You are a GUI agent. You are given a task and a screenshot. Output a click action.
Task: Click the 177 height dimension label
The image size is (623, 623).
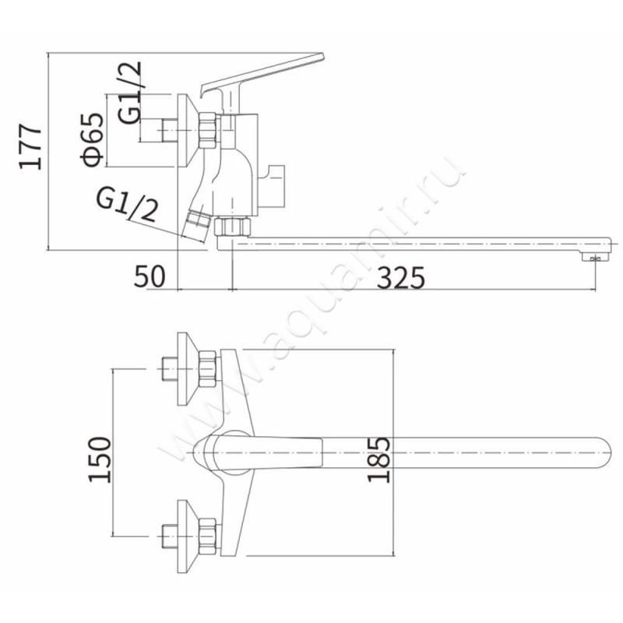pos(30,147)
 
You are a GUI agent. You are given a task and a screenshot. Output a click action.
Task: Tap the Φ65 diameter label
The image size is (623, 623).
pos(92,139)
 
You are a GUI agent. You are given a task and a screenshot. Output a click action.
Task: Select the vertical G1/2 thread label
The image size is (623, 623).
pos(129,93)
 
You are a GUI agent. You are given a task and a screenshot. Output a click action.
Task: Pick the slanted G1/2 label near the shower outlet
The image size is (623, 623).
pos(127,206)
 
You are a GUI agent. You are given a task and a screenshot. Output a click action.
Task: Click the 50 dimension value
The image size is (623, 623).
pos(150,276)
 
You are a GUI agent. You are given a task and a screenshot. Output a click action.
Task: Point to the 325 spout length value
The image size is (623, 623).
pos(400,278)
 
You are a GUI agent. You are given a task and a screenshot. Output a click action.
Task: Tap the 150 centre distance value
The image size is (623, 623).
pos(99,459)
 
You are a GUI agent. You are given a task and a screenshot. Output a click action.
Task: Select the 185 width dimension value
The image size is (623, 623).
pos(378,459)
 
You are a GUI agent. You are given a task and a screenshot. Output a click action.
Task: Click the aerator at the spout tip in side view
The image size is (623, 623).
pos(595,258)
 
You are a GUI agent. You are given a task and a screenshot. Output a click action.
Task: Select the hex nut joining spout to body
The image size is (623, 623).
pos(232,227)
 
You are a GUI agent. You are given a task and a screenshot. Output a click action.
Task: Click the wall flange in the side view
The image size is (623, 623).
pos(188,130)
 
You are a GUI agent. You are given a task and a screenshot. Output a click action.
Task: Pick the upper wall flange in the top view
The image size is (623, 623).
pos(188,369)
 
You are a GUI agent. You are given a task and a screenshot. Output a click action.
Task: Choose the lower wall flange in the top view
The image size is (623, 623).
pos(188,537)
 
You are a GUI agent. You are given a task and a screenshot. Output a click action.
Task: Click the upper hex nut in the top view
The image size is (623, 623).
pos(208,369)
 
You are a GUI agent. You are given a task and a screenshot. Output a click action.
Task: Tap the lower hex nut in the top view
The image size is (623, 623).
pos(208,537)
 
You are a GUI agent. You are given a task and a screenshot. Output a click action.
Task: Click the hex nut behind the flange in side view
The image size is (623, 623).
pos(208,131)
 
